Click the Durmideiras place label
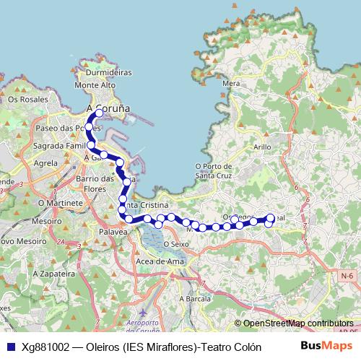(108, 73)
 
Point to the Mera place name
(232, 83)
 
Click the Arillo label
(262, 146)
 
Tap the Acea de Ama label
(160, 261)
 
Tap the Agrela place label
(45, 163)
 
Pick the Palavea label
(113, 232)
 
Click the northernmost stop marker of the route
(100, 113)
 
